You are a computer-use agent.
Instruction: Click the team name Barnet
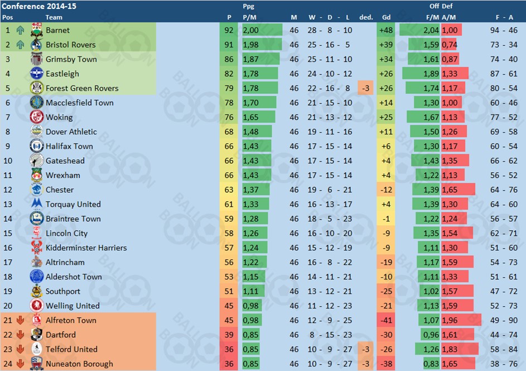pos(57,30)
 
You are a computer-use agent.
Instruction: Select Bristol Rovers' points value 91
pos(229,45)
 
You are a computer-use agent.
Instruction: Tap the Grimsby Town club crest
pos(37,59)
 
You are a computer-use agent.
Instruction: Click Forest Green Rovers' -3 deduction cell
pos(366,88)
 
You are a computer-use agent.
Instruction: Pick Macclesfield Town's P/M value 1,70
pos(250,103)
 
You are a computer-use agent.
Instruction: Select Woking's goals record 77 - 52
pos(504,117)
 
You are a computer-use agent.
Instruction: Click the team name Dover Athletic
pos(71,132)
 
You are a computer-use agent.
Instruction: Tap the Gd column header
pos(386,17)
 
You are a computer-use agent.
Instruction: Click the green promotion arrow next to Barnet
pos(21,30)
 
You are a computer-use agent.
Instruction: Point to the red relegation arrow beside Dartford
pos(21,335)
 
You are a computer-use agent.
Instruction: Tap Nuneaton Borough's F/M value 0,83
pos(431,364)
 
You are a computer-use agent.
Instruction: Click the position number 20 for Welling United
pos(8,306)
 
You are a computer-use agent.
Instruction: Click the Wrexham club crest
pos(37,175)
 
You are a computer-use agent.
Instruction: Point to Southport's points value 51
pos(229,292)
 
